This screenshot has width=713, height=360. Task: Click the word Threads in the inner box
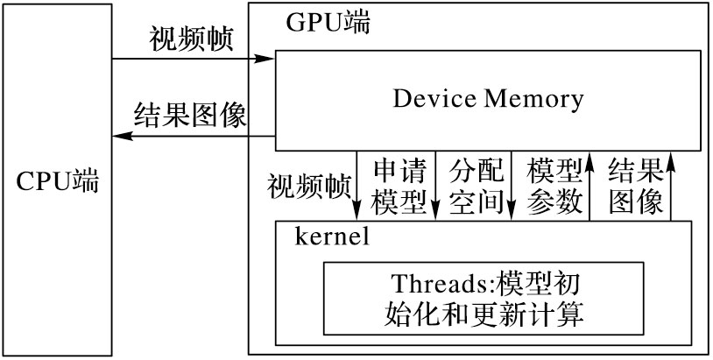tap(430, 285)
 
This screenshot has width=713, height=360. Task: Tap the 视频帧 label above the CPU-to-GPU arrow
tap(192, 40)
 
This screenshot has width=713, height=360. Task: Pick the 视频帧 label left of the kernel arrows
tap(310, 187)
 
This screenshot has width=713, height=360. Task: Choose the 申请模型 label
tap(399, 185)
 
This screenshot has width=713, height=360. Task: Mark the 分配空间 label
tap(476, 185)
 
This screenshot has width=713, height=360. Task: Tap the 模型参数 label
tap(554, 185)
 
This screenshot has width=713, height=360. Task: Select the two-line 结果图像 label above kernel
tap(635, 185)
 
